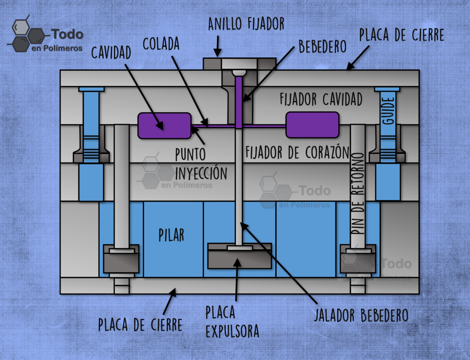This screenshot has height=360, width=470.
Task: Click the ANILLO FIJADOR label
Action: pos(246,24)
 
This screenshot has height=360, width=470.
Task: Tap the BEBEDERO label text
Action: pos(323,46)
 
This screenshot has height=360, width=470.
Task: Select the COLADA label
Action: pos(161,44)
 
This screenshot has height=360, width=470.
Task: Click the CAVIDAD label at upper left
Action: pos(111,52)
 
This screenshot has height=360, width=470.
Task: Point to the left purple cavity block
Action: pos(164,126)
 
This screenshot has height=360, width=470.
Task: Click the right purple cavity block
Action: pos(312,125)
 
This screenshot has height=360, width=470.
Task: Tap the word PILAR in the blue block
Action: pos(171,235)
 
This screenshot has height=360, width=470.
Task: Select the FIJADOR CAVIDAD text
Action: pos(321,99)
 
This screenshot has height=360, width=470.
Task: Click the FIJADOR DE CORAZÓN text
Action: pos(297,152)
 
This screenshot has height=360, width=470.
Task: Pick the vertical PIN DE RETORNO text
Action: pos(358,193)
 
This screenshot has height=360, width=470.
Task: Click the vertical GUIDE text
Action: pos(388,110)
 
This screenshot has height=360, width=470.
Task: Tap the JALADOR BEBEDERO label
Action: pos(361,315)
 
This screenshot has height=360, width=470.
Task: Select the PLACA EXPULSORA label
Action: pos(232,321)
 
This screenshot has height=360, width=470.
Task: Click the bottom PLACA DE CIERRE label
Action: pos(140,325)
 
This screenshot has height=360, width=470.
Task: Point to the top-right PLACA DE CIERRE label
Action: pos(402,35)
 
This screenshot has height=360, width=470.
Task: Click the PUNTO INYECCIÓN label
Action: pos(201,164)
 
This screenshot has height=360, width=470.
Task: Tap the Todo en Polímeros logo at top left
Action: pos(45,35)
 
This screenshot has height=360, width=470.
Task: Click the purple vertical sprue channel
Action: pos(239,102)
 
